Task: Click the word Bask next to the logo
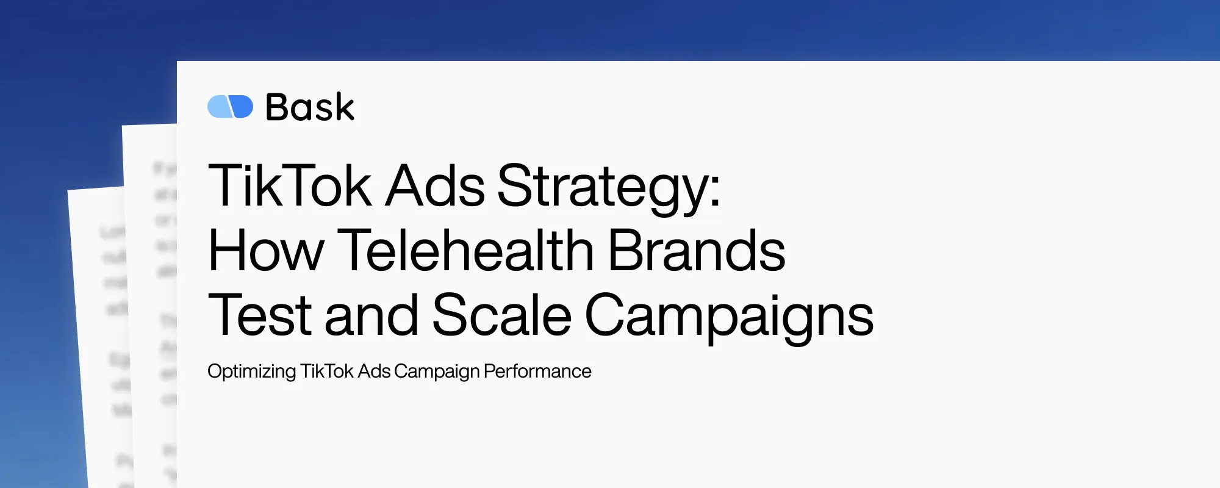[310, 107]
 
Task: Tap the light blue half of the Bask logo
[218, 107]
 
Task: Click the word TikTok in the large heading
[290, 185]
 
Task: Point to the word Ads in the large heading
[436, 185]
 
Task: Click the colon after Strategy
[714, 189]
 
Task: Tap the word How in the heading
[266, 251]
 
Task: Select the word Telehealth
[466, 251]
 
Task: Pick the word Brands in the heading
[697, 251]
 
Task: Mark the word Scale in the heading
[501, 315]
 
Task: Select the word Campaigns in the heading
[729, 317]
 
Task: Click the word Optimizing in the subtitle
[251, 371]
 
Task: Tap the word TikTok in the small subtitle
[327, 371]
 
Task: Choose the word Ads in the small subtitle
[374, 371]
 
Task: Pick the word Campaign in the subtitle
[437, 371]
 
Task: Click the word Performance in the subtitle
[537, 371]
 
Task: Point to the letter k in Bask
[342, 107]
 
